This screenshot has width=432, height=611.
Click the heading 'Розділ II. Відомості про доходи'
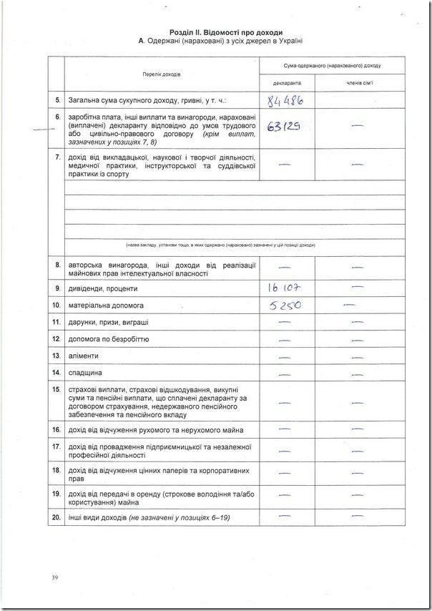pos(226,33)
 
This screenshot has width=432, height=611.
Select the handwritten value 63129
pos(281,127)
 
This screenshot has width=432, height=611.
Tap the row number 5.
pos(57,100)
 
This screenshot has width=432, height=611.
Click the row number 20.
pos(57,517)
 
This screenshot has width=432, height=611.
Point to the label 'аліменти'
pos(84,356)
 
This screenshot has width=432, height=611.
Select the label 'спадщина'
pos(85,373)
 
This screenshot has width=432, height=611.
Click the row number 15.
pos(57,390)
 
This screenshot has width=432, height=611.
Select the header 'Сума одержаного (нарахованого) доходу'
pos(321,65)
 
